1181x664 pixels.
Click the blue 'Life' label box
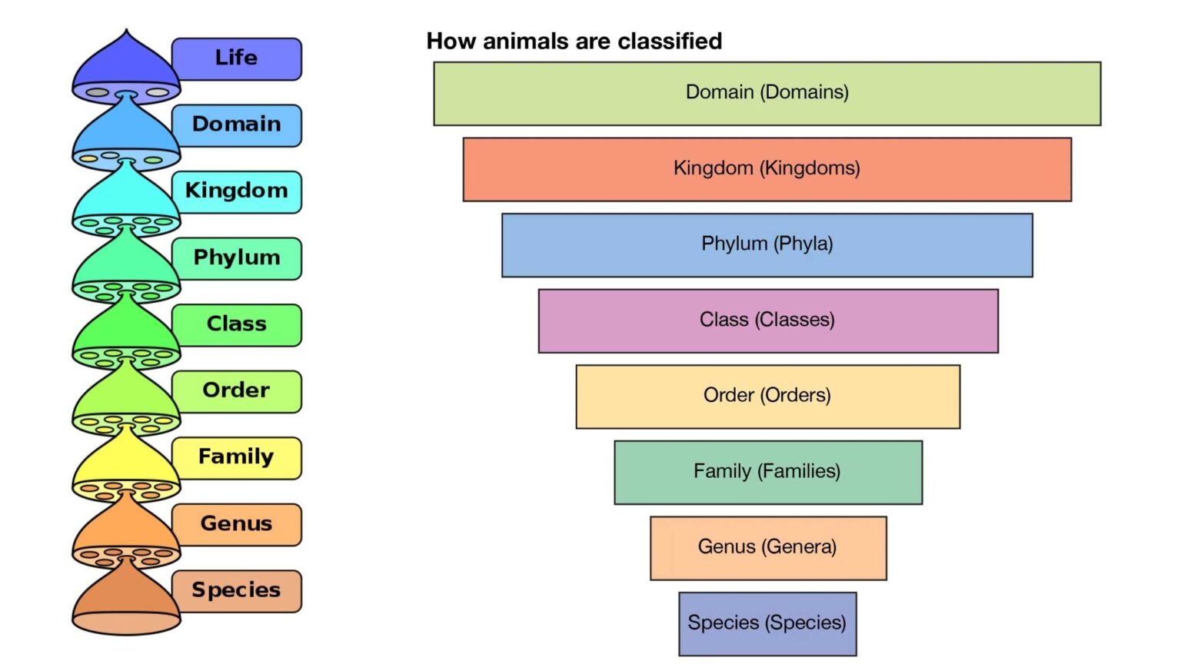(x=237, y=59)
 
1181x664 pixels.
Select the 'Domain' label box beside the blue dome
(x=237, y=125)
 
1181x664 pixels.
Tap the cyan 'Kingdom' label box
(x=237, y=192)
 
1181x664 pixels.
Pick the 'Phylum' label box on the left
(x=237, y=259)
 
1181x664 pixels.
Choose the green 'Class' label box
(x=237, y=325)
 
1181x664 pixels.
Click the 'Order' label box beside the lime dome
(x=237, y=391)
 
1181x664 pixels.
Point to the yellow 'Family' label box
(x=237, y=458)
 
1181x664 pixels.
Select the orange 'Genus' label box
(x=237, y=525)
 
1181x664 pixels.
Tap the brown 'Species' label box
(x=237, y=591)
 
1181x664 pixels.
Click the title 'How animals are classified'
(x=574, y=41)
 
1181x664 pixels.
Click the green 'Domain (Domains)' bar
(x=767, y=94)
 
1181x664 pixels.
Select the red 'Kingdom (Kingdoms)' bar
(x=767, y=170)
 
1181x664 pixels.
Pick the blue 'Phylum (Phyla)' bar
(x=767, y=245)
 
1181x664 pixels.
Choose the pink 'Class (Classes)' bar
(x=768, y=321)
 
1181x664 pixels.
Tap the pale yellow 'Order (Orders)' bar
(x=768, y=397)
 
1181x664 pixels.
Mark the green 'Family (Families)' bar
(x=768, y=473)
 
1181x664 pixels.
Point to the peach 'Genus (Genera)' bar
(x=768, y=548)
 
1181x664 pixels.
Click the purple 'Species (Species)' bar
(x=767, y=624)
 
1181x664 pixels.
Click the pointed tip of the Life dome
(x=127, y=29)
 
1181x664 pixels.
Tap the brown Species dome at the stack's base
(x=127, y=601)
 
